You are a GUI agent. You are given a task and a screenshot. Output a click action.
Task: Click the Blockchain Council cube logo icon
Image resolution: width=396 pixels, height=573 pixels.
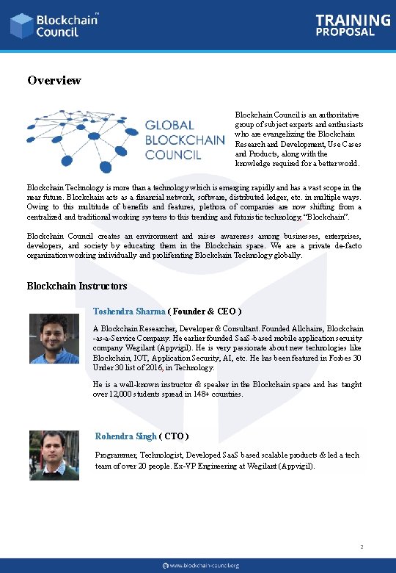[x=21, y=26]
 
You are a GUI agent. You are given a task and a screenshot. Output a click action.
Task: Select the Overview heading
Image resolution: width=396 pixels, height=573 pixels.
[x=54, y=80]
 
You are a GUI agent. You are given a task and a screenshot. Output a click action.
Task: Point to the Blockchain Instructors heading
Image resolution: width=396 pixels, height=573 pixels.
[x=77, y=286]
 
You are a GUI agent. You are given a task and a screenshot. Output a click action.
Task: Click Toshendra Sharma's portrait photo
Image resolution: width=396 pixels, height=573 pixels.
[x=54, y=339]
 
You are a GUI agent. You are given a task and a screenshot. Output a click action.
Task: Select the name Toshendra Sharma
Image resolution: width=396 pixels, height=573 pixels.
[x=129, y=311]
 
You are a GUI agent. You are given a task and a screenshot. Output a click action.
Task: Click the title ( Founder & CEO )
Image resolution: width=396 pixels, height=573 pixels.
[x=205, y=311]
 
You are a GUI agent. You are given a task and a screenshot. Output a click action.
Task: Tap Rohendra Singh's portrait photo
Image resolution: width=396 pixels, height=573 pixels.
[x=54, y=455]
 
